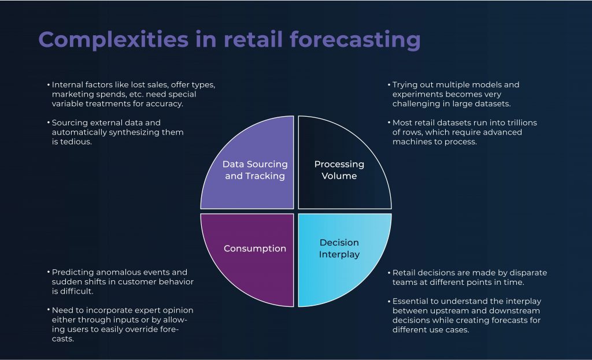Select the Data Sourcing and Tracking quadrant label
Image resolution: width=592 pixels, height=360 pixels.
pos(255,170)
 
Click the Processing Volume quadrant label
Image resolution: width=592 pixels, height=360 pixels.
pos(339,170)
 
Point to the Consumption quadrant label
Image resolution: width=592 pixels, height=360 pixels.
pos(255,248)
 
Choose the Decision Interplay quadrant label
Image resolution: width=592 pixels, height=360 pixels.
pos(339,248)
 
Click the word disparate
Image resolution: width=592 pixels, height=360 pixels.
pos(528,273)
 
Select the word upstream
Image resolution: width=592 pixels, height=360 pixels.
pos(449,311)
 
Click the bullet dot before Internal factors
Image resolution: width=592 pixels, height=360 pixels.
pos(49,84)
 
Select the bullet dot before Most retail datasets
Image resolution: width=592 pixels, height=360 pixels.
pos(389,123)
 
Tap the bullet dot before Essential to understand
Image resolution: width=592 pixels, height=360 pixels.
pos(389,301)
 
